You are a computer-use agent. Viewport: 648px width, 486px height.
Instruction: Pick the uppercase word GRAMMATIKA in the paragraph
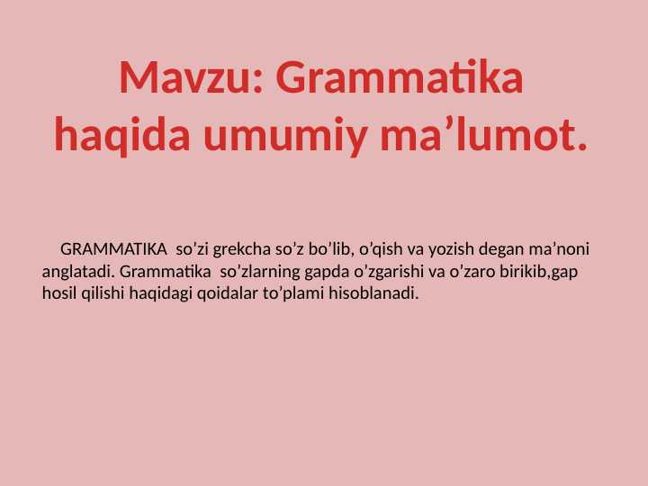(x=113, y=248)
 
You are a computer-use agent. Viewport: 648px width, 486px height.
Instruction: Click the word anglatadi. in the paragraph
(x=78, y=271)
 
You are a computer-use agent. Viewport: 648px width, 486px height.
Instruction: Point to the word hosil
(x=60, y=293)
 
